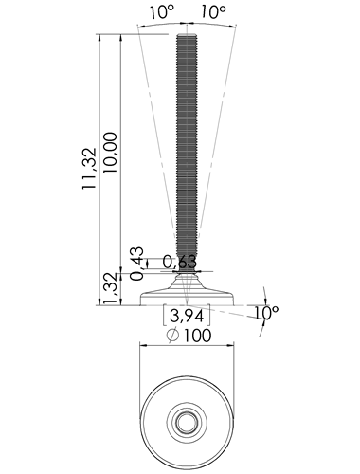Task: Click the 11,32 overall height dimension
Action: (x=89, y=168)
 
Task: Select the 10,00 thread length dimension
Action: (x=110, y=153)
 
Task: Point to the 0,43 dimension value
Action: (x=136, y=264)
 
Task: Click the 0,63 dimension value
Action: (x=180, y=262)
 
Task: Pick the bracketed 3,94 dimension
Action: (x=187, y=316)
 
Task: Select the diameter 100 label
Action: (x=189, y=336)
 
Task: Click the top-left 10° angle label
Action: (x=161, y=11)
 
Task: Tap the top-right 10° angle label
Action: (x=213, y=11)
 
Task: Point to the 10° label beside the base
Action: (x=266, y=313)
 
